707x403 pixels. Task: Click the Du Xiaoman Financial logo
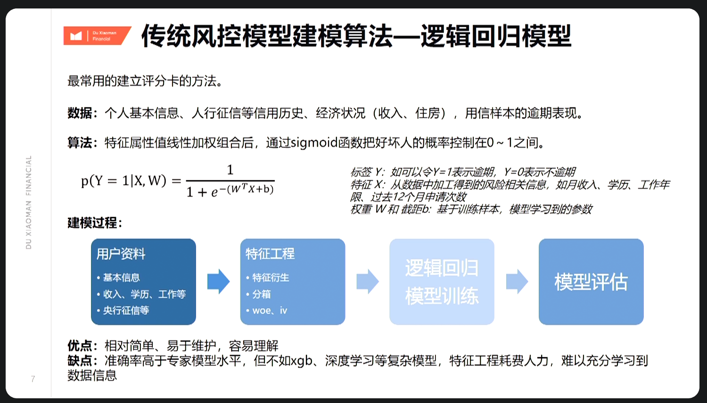97,36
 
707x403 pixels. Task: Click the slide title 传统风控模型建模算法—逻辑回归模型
356,37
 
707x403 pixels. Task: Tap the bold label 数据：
82,113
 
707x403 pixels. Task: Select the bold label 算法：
82,143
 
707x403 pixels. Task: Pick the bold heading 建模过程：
94,223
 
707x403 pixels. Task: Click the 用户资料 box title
121,254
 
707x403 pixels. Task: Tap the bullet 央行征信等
125,310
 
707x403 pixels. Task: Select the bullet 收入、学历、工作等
144,294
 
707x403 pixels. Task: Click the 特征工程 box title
270,254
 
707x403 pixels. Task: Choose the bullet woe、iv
269,310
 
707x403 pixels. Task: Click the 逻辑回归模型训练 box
442,282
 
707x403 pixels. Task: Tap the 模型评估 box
591,282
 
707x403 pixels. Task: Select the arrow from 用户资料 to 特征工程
218,282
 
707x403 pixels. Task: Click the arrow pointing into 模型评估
517,282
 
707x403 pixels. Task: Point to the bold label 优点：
82,346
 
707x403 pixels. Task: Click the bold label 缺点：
82,361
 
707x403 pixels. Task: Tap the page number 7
33,379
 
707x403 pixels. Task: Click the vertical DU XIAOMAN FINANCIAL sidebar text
29,202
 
